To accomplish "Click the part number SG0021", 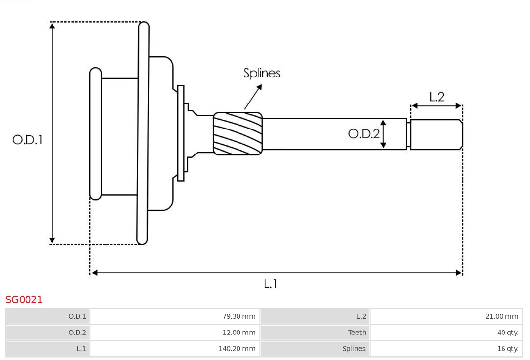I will (24, 300).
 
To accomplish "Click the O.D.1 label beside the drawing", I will (27, 140).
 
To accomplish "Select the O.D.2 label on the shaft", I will (364, 133).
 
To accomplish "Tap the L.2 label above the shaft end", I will (437, 97).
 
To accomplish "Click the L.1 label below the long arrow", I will (271, 283).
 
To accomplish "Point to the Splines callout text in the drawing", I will (262, 73).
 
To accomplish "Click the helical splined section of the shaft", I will (238, 134).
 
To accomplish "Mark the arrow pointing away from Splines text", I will (253, 97).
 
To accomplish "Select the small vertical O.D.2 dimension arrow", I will (383, 133).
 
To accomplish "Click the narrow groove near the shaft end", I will (408, 134).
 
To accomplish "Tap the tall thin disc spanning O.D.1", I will (143, 132).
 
